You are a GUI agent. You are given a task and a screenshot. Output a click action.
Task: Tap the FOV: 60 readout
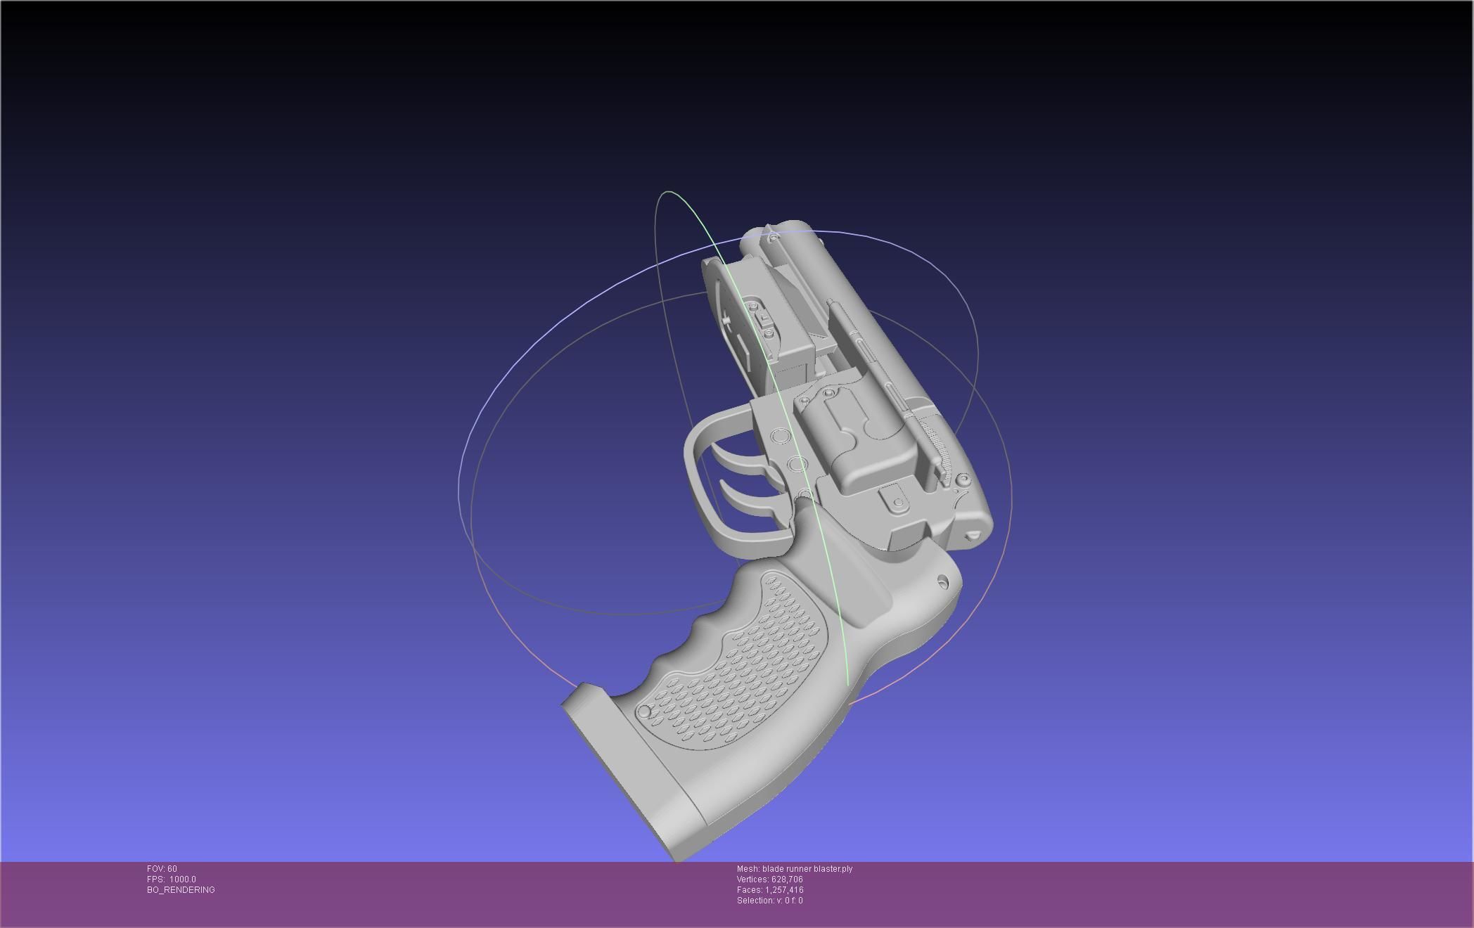tap(162, 869)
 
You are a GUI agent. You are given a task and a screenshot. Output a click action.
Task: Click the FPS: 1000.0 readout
tap(172, 879)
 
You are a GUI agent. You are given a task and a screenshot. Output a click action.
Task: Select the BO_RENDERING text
tap(181, 890)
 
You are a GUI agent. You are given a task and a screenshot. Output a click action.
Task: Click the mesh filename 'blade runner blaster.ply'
tap(807, 869)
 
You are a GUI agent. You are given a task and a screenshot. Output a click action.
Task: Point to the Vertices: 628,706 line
tap(769, 879)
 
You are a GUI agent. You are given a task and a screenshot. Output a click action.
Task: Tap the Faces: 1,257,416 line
tap(769, 890)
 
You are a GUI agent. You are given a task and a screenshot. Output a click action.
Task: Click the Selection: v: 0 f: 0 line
tap(769, 901)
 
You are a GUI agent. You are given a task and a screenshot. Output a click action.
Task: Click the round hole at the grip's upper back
tap(944, 581)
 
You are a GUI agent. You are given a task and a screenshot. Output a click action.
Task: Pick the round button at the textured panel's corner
tap(643, 712)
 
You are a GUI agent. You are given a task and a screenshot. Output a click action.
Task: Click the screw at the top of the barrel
tap(774, 240)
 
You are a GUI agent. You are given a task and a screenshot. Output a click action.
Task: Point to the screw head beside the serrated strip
tap(963, 480)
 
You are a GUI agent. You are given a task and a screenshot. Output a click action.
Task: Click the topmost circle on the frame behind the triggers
tap(781, 437)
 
